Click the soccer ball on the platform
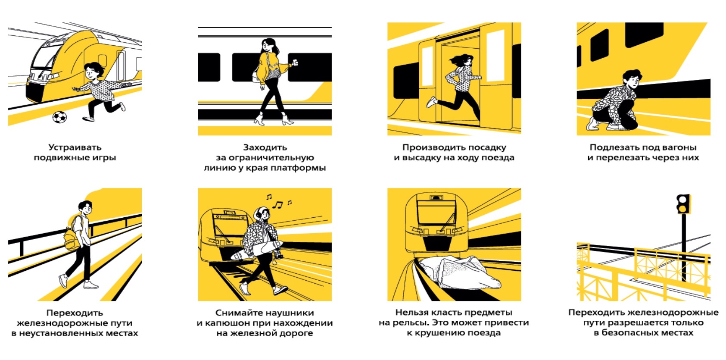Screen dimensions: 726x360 pyautogui.click(x=59, y=117)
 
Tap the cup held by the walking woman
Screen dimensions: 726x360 pyautogui.click(x=295, y=63)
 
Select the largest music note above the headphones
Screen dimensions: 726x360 pyautogui.click(x=278, y=205)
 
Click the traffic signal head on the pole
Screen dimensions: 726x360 pyautogui.click(x=683, y=204)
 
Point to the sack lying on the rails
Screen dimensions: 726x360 pyautogui.click(x=458, y=271)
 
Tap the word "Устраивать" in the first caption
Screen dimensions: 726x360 pyautogui.click(x=75, y=147)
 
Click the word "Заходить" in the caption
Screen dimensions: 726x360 pyautogui.click(x=265, y=147)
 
